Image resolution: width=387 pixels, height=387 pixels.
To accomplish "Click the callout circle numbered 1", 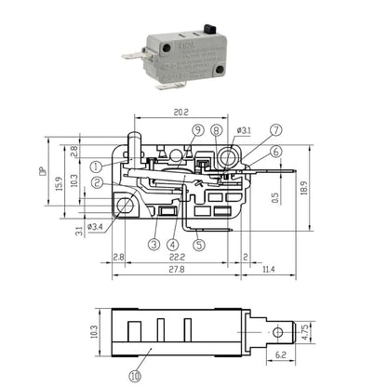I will coord(96,166).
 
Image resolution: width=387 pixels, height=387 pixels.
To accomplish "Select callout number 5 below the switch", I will coord(199,246).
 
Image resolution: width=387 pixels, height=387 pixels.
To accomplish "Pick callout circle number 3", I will coord(153,246).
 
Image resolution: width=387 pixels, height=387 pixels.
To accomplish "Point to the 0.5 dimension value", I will coord(274,197).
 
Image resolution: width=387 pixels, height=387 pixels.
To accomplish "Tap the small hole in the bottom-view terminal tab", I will coord(275,330).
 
